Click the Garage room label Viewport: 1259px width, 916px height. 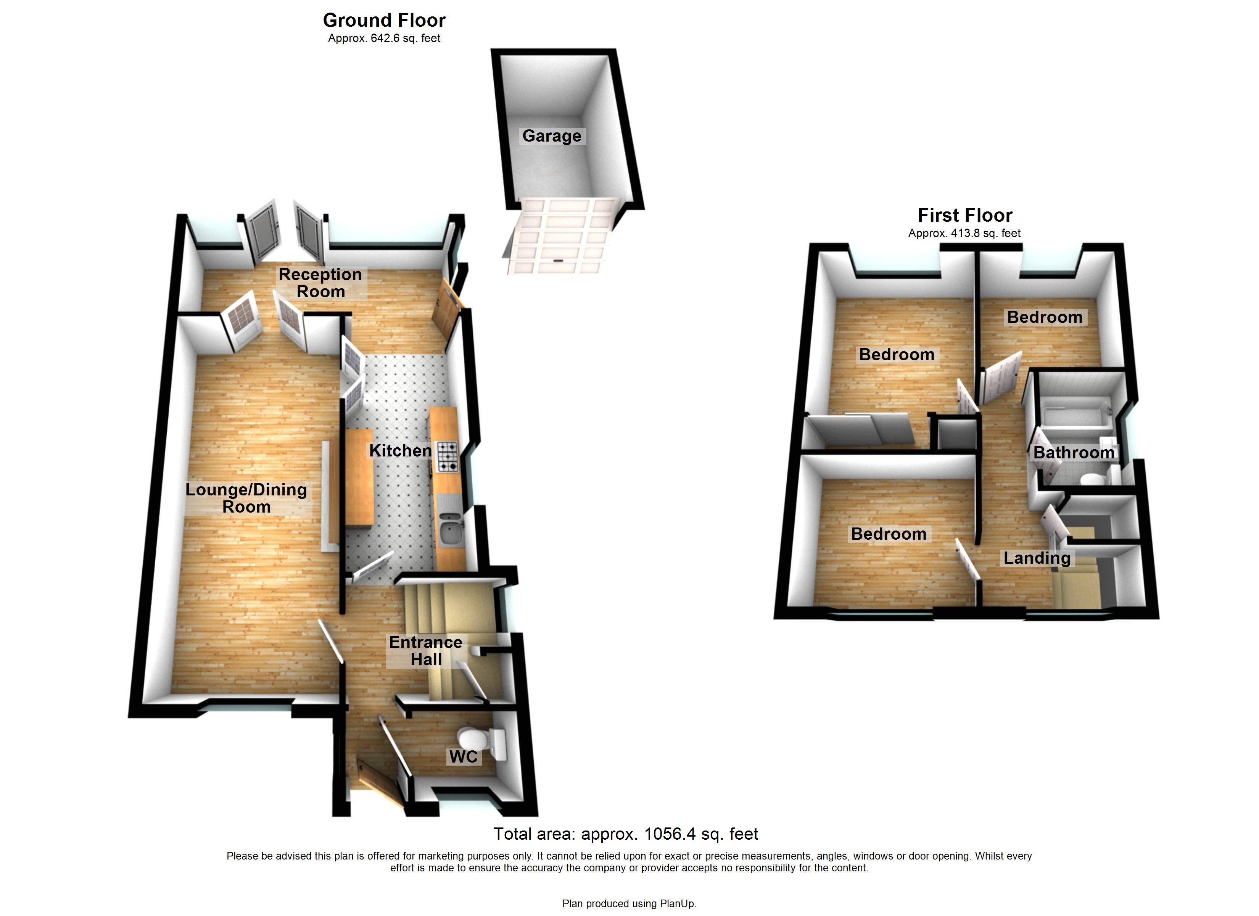(551, 136)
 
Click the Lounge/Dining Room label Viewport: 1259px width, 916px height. (246, 498)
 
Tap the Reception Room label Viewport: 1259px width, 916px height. (320, 283)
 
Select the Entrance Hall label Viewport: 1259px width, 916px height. (425, 650)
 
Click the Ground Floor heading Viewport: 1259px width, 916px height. (384, 21)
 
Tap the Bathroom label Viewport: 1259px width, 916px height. (1074, 453)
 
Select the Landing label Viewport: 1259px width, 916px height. (1037, 558)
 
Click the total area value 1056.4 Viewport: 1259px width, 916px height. (669, 834)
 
